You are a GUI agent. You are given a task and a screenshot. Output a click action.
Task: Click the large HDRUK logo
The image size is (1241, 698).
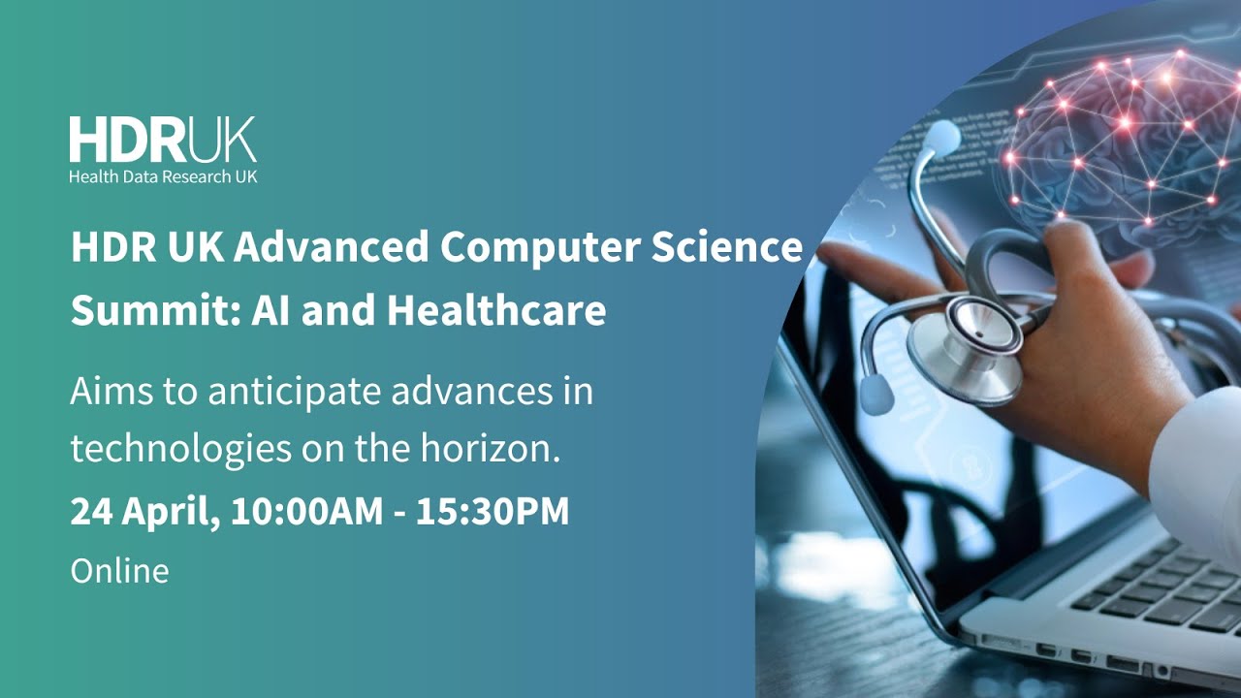point(162,140)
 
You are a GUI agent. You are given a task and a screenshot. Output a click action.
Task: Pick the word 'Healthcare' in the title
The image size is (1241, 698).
point(496,310)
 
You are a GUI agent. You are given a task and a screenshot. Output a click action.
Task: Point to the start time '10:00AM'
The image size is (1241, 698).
point(307,511)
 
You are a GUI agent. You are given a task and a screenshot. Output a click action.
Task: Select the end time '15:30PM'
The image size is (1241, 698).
point(493,511)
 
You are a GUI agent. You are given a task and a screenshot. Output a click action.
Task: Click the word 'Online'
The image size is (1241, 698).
point(119,570)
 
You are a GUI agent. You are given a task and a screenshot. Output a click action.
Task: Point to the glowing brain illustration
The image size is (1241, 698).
point(1115,136)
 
